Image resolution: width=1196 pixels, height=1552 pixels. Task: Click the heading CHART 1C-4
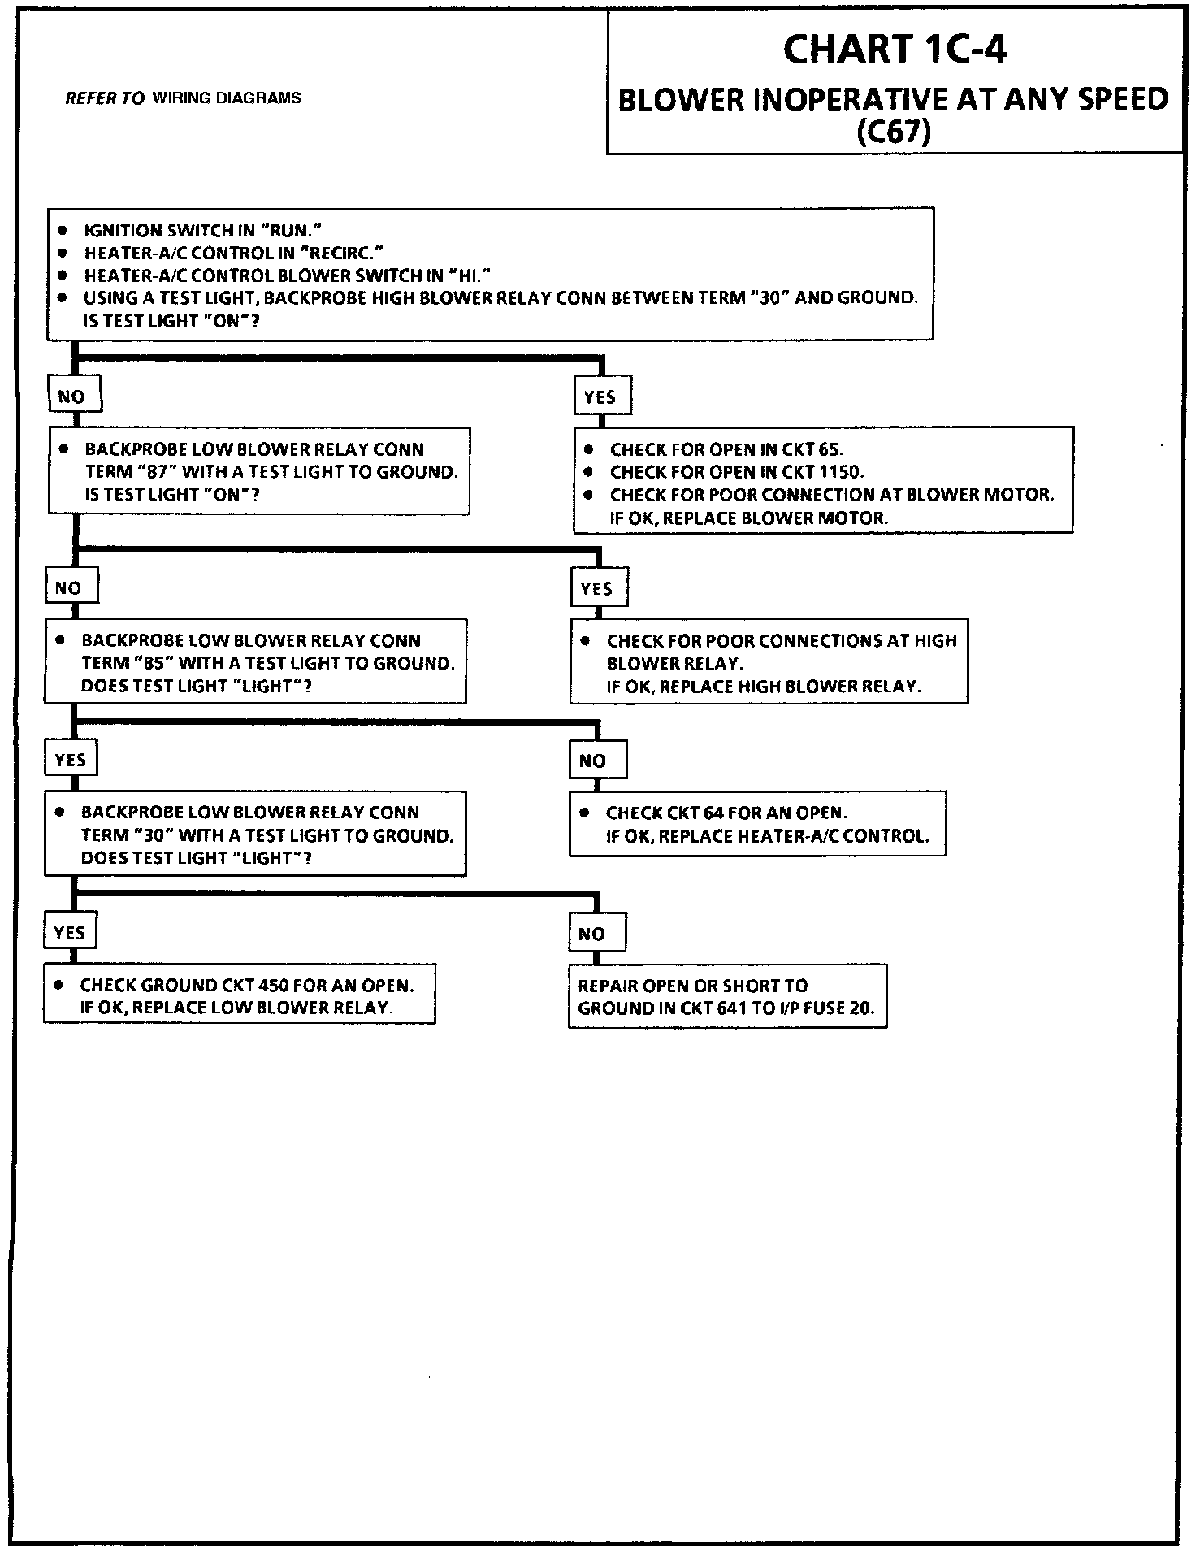click(894, 50)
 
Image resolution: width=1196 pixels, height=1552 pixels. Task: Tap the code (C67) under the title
click(894, 131)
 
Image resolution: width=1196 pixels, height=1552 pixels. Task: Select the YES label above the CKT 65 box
click(600, 397)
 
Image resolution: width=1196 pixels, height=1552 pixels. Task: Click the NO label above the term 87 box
click(71, 397)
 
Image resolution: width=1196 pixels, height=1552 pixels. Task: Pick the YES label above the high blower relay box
click(597, 588)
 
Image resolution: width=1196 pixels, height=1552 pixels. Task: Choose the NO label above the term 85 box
click(68, 587)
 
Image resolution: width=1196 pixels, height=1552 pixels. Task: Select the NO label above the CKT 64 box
click(593, 761)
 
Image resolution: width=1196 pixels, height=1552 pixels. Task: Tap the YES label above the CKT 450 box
click(69, 932)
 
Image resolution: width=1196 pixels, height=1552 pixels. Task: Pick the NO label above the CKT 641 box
click(592, 934)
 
